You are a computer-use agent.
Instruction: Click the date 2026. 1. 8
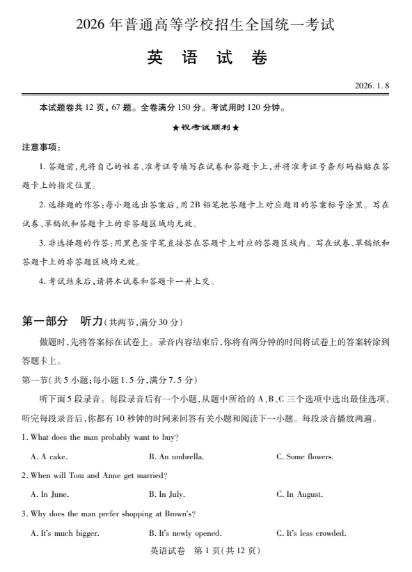click(372, 86)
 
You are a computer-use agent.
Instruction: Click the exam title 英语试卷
click(207, 58)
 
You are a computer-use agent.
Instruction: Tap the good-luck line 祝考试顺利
click(205, 128)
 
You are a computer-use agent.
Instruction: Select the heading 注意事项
click(41, 148)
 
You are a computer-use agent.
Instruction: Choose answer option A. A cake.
click(49, 456)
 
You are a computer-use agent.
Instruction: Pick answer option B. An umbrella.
click(176, 456)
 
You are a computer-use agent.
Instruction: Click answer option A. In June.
click(50, 495)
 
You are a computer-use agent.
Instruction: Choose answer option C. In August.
click(299, 495)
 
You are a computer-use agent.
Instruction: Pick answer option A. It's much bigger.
click(65, 533)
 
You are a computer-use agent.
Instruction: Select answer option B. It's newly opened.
click(185, 533)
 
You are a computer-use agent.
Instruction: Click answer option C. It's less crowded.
click(311, 533)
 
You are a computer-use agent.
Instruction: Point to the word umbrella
click(187, 456)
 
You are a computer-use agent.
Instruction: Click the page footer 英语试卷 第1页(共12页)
click(205, 551)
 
